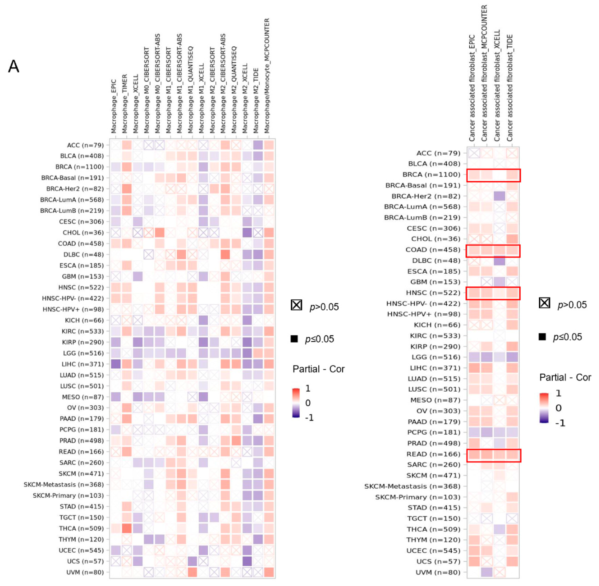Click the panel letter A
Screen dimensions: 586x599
13,66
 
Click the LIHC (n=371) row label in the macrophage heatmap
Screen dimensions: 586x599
82,364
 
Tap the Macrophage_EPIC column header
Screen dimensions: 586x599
114,106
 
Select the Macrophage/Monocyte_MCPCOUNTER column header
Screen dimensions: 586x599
267,75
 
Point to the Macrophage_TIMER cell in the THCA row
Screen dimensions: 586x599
127,528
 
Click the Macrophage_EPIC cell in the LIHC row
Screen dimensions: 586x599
116,364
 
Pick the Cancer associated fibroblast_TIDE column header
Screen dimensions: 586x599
510,88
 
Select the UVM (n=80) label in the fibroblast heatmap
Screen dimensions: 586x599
438,572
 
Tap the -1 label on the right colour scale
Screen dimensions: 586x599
560,423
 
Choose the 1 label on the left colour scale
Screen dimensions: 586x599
308,388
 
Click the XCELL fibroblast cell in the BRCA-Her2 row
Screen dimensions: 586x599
499,196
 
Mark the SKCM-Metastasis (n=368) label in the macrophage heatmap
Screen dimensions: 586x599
63,484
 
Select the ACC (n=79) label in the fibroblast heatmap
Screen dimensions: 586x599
438,153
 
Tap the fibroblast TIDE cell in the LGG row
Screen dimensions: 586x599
512,357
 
